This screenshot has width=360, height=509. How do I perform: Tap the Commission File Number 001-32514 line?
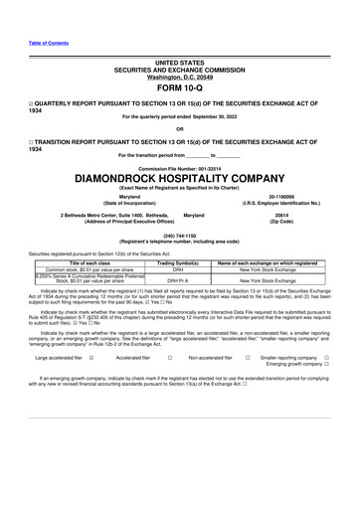[x=179, y=165]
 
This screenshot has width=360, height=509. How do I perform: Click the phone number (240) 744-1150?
[x=179, y=236]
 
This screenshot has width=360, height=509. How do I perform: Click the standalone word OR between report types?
[x=179, y=128]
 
